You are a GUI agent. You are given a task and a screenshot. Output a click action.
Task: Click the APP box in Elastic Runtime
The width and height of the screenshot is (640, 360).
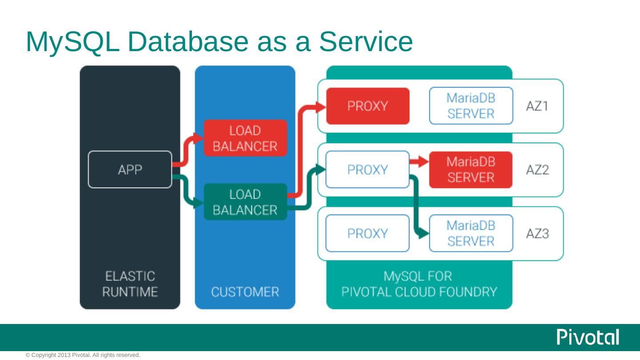(x=130, y=169)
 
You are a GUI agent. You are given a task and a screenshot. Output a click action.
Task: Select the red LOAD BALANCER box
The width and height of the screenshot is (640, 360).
(x=245, y=138)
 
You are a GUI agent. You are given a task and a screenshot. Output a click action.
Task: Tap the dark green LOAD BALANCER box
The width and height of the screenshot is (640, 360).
(x=245, y=202)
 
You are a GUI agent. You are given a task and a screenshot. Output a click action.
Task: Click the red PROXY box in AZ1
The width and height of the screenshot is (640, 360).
(x=368, y=106)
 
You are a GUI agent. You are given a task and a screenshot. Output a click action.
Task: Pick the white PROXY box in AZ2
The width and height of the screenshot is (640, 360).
(x=368, y=170)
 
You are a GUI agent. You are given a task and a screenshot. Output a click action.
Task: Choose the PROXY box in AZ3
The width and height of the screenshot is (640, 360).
(x=368, y=233)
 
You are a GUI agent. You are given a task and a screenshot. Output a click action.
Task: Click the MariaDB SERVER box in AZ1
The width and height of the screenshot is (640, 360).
(x=471, y=106)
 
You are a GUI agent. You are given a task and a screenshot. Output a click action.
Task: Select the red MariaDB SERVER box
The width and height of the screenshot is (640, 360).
(x=471, y=170)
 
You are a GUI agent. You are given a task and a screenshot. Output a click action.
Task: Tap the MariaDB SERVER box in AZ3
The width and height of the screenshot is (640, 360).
(x=471, y=233)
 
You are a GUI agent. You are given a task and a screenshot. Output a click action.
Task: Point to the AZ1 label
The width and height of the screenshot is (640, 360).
(x=537, y=106)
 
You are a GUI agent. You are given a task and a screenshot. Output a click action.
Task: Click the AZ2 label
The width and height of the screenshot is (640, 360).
(x=537, y=170)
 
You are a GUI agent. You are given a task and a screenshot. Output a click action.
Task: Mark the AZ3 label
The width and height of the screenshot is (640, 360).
(x=537, y=233)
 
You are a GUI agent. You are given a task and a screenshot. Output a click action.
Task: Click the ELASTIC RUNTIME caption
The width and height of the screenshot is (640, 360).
(x=130, y=284)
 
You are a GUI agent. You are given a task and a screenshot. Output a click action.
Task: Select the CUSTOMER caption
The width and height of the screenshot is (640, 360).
(x=245, y=292)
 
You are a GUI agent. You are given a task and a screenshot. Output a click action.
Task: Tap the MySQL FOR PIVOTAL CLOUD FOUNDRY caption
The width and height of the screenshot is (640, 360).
(x=419, y=284)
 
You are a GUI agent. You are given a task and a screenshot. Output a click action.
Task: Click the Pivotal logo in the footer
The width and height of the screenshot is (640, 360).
(x=588, y=337)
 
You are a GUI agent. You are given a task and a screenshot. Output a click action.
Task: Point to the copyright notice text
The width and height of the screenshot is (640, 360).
(x=83, y=355)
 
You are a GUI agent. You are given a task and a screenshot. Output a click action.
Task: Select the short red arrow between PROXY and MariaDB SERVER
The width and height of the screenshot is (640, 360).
(x=419, y=162)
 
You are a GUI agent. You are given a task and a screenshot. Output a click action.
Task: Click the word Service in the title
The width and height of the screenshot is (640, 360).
(x=366, y=42)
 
